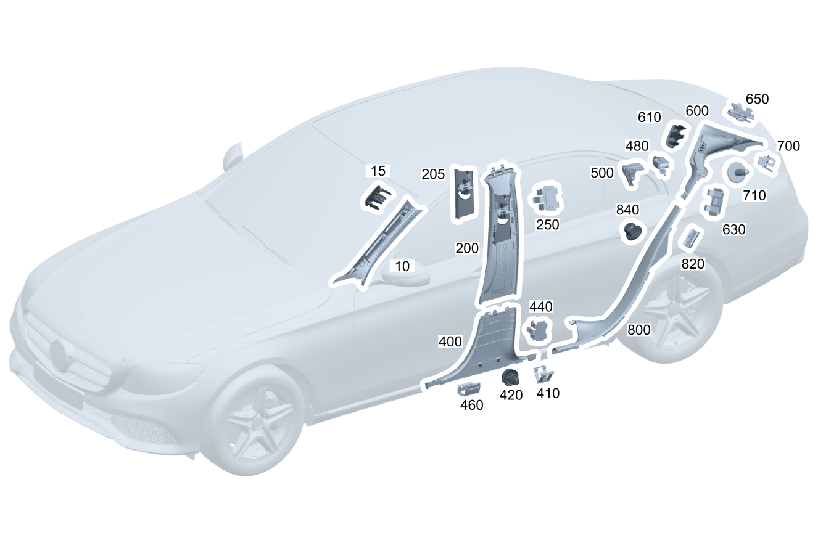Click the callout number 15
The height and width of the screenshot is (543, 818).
click(378, 171)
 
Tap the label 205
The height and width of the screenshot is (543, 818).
click(433, 174)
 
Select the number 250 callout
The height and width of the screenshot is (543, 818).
click(547, 225)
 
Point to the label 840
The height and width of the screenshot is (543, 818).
click(628, 210)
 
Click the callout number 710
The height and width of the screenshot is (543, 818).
click(754, 195)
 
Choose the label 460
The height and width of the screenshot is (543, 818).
click(471, 405)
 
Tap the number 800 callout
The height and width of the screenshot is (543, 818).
click(638, 330)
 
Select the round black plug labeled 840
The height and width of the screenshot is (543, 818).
click(632, 231)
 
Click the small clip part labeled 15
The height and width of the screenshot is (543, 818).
click(377, 197)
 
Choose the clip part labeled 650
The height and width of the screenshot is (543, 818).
click(740, 113)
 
